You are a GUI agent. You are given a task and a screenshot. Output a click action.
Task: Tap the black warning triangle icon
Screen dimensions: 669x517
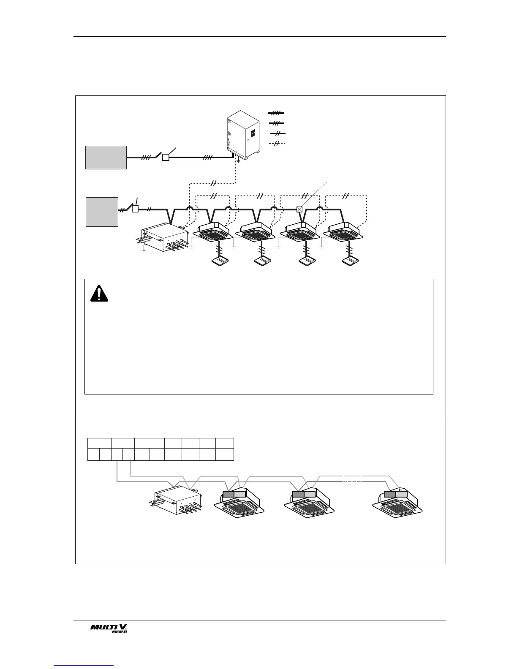tap(99, 293)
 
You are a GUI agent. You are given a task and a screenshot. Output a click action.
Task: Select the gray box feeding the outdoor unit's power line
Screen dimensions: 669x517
tap(106, 158)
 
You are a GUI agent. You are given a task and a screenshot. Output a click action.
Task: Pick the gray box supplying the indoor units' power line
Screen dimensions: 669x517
tap(102, 212)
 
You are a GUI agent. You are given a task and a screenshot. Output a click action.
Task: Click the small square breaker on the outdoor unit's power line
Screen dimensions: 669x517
tap(166, 157)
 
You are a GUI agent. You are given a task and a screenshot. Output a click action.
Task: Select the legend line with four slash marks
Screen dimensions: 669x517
tap(276, 113)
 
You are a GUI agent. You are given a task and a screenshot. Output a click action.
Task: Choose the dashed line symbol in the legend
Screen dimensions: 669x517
tap(277, 144)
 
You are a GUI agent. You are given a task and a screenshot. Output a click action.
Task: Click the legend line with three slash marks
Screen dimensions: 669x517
tap(276, 123)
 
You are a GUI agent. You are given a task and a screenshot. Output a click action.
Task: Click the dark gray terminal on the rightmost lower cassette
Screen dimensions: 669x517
tap(390, 494)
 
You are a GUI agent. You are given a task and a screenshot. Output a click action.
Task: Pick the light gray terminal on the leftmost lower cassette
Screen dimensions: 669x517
tap(239, 494)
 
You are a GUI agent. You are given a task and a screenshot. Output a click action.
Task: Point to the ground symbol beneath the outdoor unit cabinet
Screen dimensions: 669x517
tap(239, 161)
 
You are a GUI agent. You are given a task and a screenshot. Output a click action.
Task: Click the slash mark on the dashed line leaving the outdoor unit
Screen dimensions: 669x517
tap(214, 183)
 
